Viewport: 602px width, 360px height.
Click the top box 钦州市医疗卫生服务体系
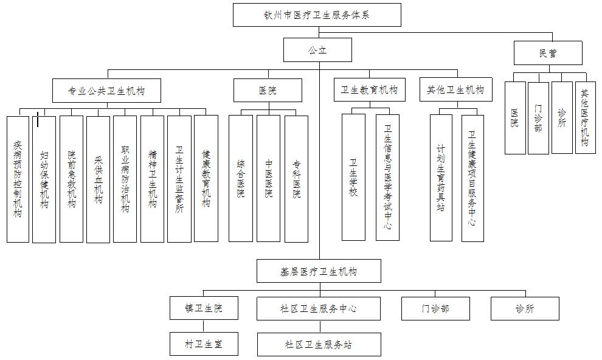coord(317,15)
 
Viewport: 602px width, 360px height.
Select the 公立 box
coord(317,50)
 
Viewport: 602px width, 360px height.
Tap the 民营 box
coord(547,53)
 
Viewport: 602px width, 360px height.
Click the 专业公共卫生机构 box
coord(106,91)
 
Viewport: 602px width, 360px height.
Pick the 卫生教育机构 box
coord(368,90)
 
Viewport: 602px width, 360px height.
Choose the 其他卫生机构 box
coord(455,90)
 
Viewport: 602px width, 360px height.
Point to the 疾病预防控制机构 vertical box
coord(18,179)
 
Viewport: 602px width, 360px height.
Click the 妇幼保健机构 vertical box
coord(44,179)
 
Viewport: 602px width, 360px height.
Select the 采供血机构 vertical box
coord(98,179)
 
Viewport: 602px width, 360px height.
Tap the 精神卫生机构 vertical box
coord(152,179)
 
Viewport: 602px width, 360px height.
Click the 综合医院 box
coord(240,178)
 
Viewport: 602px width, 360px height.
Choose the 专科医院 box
coord(296,178)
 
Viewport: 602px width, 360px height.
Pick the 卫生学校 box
coord(353,177)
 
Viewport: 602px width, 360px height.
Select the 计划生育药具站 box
coord(441,177)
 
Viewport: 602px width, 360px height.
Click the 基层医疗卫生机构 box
coord(319,271)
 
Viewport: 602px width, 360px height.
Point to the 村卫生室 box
coord(203,344)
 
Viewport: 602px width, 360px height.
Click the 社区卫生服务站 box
coord(319,344)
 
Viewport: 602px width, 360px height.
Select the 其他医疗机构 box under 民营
coord(585,117)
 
